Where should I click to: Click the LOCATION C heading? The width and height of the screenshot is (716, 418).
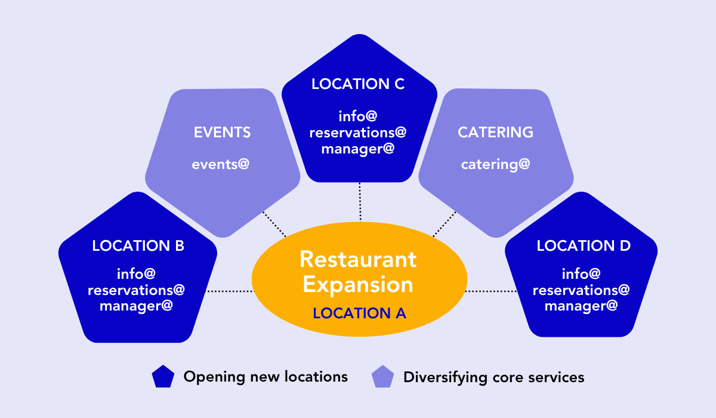358,84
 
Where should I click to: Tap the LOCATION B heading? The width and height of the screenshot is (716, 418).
138,245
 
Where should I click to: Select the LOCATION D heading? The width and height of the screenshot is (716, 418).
583,245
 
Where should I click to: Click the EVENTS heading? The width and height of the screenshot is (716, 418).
223,132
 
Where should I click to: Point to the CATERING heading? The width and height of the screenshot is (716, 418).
495,132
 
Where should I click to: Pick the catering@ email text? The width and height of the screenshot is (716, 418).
495,164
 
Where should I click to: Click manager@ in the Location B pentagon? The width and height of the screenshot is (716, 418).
137,306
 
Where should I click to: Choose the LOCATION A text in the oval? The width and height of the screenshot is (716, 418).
359,313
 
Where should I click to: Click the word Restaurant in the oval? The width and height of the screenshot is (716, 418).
358,259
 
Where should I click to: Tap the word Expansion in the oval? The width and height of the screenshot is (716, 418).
358,284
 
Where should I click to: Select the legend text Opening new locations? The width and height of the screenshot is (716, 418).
266,377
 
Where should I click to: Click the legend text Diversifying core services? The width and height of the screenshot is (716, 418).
493,377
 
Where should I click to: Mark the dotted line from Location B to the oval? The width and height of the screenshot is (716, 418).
230,291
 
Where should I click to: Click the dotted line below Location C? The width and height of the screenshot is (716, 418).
360,201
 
